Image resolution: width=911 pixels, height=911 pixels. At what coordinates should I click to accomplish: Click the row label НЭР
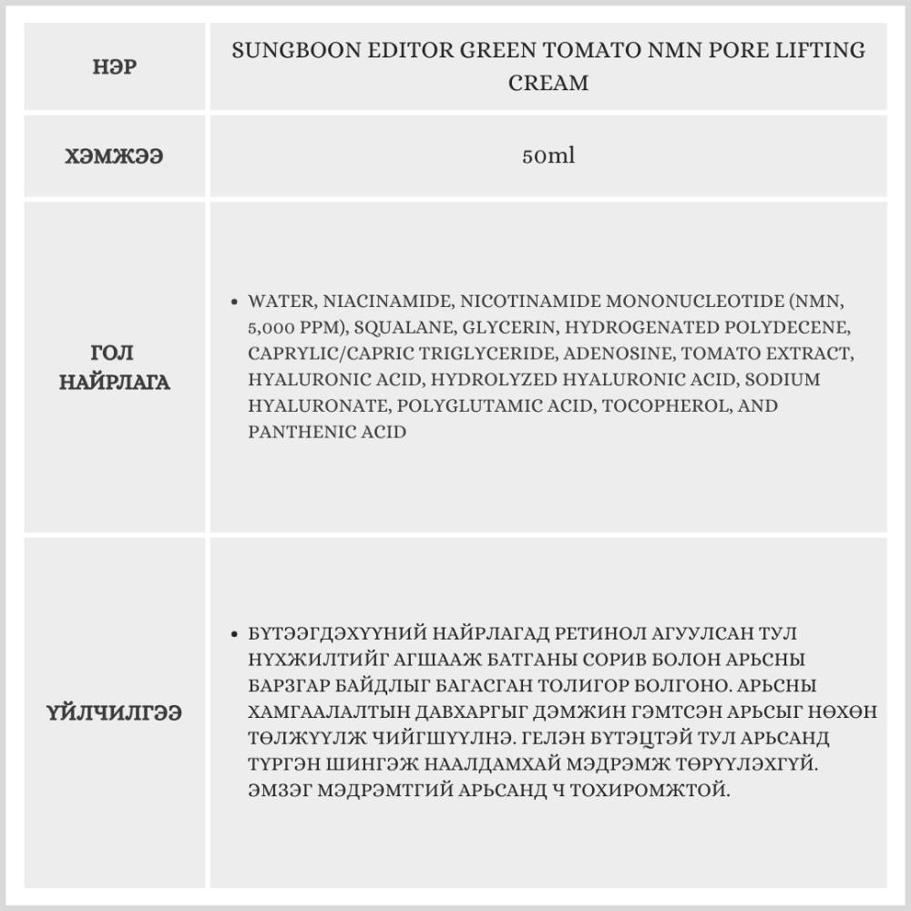point(116,67)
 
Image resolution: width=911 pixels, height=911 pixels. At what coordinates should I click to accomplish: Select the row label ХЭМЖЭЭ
point(116,156)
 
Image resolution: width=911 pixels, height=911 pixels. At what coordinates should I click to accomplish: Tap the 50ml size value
point(548,156)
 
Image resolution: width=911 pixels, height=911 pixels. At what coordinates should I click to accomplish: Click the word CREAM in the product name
point(548,83)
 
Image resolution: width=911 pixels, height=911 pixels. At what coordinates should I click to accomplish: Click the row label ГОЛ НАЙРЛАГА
point(116,367)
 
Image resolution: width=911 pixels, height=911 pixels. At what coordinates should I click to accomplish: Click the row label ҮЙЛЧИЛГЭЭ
point(116,712)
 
